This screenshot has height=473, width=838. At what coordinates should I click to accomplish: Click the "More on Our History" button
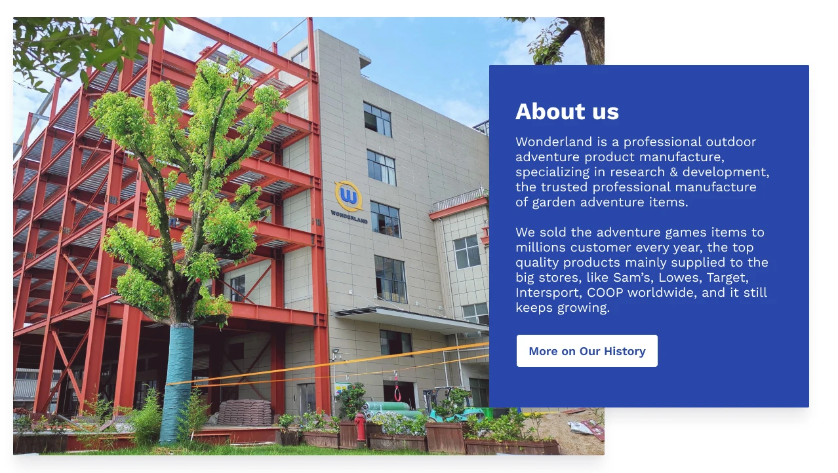(x=587, y=351)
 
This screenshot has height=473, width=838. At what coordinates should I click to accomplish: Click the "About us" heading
(x=567, y=111)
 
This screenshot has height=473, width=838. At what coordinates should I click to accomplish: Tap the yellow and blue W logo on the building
(x=348, y=196)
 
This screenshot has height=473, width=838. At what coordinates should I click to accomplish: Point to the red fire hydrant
(x=360, y=426)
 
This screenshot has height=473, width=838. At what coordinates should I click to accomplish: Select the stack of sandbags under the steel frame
(x=244, y=413)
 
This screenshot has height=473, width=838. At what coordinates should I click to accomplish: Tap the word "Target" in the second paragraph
(x=727, y=278)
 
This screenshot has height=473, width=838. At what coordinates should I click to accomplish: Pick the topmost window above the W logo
(x=377, y=120)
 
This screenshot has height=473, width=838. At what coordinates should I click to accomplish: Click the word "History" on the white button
(x=625, y=351)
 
